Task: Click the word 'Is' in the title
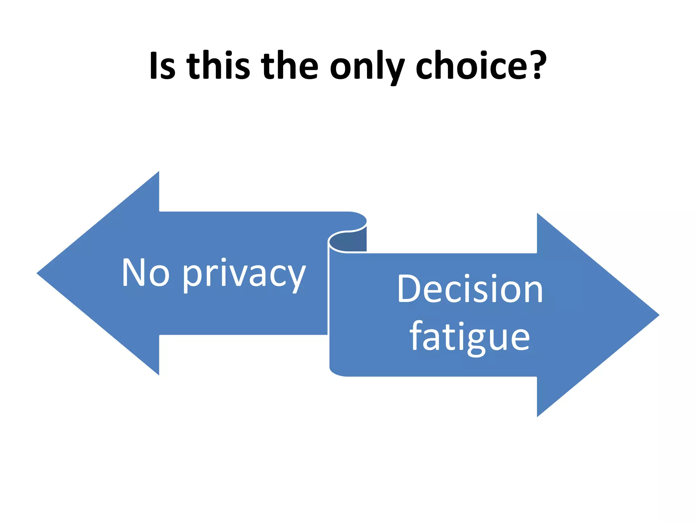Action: click(162, 66)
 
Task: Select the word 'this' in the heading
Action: click(218, 66)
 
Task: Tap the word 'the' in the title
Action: click(290, 66)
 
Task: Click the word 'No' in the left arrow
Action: click(146, 272)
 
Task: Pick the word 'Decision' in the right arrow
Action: click(470, 289)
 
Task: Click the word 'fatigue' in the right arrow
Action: click(469, 336)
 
